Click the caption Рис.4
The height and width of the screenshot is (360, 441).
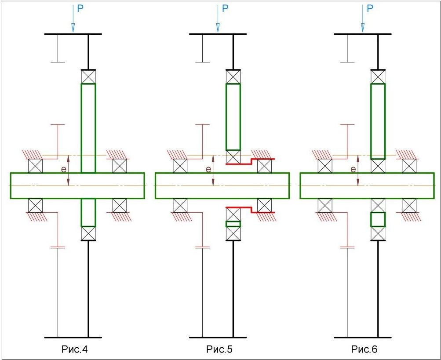coord(74,349)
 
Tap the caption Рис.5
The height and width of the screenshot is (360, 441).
coord(219,349)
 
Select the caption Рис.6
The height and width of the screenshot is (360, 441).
coord(364,349)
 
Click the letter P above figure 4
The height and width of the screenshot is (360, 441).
coord(80,8)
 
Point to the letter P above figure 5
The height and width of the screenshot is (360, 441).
coord(225,8)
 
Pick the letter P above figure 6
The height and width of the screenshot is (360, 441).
coord(370,8)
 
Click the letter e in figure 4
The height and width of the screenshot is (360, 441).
coord(64,169)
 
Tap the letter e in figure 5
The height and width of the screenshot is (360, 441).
coord(208,169)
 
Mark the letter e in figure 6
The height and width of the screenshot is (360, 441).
coord(353,169)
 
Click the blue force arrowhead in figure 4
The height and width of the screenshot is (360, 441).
coord(73,28)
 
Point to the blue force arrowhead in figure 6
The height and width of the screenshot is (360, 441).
coord(363,28)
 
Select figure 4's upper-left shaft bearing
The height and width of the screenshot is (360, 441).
coord(35,166)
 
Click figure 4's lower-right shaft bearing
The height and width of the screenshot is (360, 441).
coord(120,206)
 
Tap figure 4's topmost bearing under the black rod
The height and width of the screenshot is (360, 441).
coord(88,77)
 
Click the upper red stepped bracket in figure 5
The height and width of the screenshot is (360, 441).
coord(250,161)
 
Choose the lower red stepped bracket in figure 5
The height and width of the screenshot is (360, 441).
coord(250,210)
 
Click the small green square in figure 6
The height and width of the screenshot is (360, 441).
coord(378,219)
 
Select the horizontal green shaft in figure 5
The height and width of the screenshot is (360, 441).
coord(222,186)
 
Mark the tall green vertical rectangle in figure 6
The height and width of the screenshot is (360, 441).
coord(378,121)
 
